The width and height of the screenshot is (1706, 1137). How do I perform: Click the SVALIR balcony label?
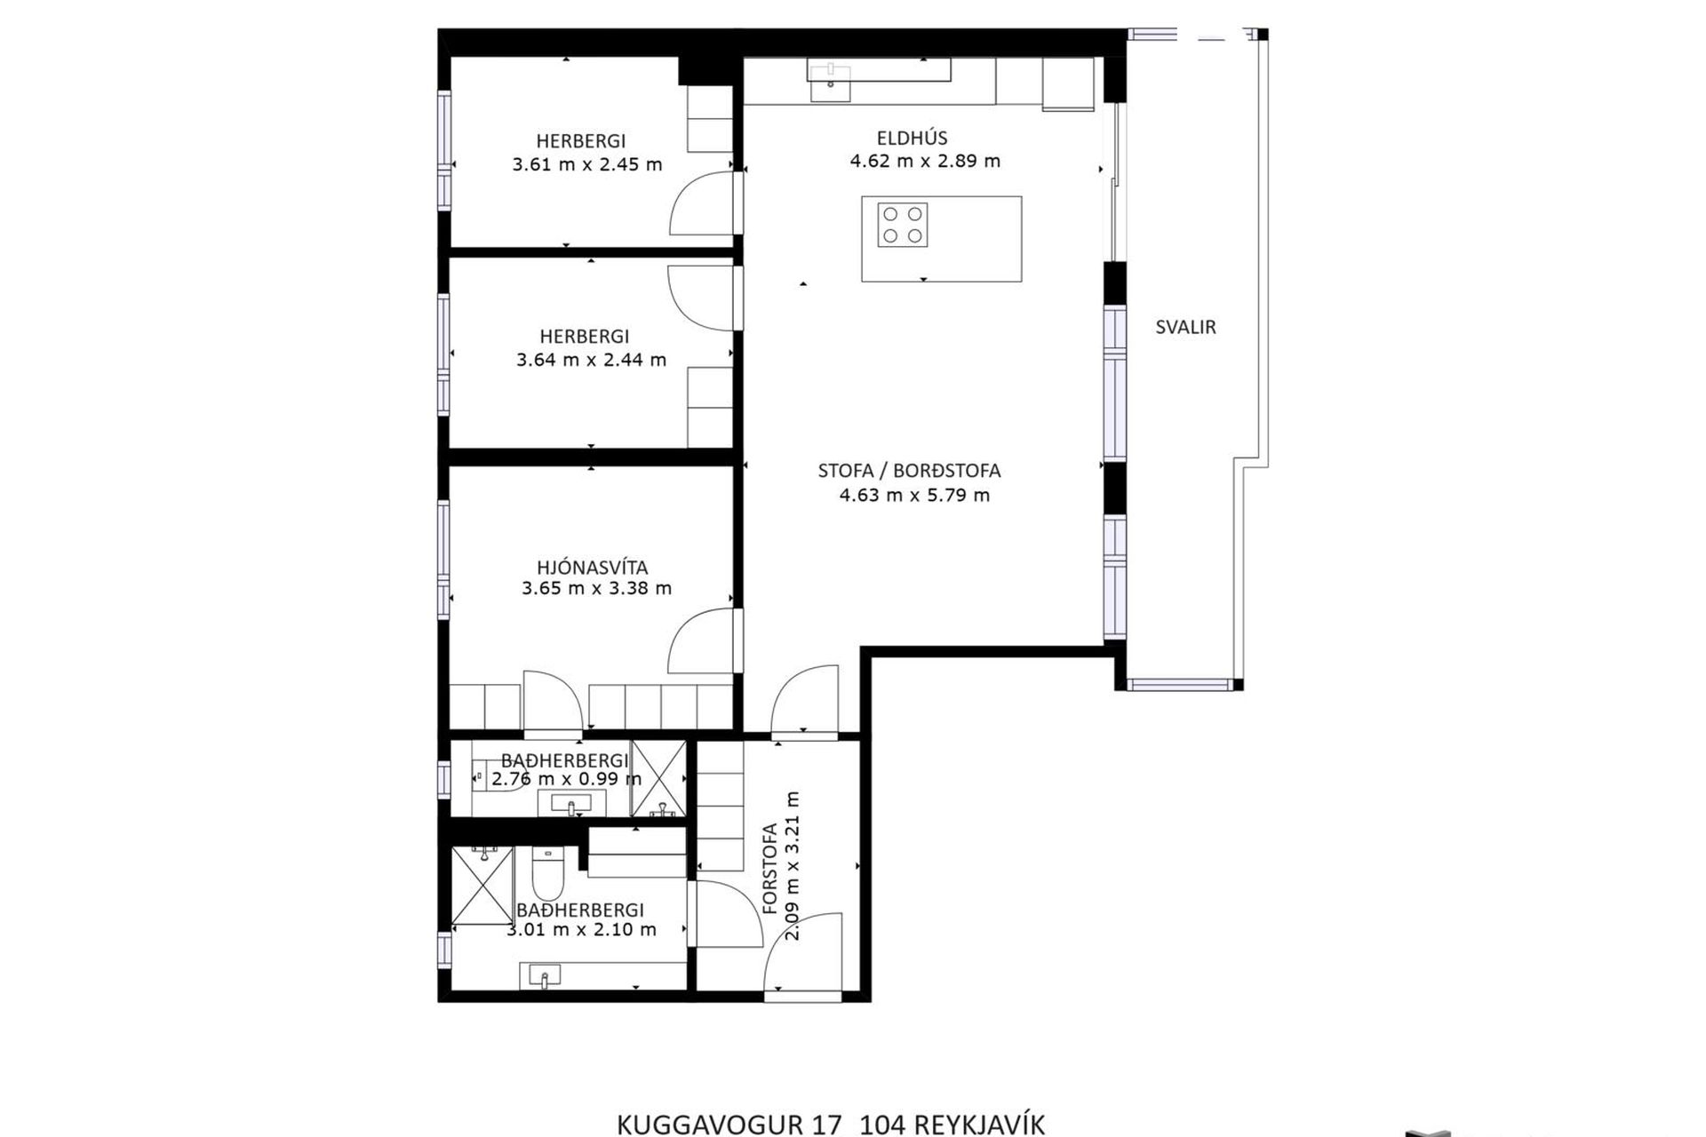tap(1185, 327)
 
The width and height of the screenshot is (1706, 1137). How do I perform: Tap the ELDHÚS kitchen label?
tap(912, 138)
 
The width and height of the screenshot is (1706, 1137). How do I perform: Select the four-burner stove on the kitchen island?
tap(903, 225)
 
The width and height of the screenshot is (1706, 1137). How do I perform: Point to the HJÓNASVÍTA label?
tap(592, 567)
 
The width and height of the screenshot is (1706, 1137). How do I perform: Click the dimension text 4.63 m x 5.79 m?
tap(914, 495)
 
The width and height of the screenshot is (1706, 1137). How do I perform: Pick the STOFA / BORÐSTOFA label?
tap(909, 471)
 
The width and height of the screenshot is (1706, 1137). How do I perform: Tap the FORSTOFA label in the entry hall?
tap(769, 868)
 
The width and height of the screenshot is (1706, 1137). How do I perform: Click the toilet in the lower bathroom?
tap(545, 872)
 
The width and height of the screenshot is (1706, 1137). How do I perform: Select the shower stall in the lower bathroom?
tap(482, 885)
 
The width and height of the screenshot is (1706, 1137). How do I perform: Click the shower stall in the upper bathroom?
tap(658, 778)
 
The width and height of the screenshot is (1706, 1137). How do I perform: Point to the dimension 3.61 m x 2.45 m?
tap(586, 164)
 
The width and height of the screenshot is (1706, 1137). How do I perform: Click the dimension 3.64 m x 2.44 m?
tap(591, 360)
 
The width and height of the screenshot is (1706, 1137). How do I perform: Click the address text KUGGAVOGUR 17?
tap(729, 1125)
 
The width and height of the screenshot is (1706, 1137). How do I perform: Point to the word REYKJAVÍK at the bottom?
tap(979, 1125)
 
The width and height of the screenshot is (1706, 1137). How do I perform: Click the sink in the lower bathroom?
tap(544, 976)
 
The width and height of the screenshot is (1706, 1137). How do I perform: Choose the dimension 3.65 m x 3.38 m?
tap(596, 588)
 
